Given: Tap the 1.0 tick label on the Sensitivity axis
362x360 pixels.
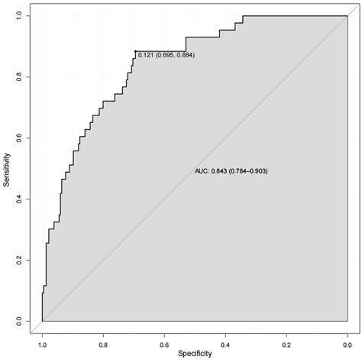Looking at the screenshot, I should (x=19, y=16).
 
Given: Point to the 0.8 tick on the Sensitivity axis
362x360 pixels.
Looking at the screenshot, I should (x=19, y=77).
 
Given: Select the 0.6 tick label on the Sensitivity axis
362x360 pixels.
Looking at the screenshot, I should (x=19, y=138).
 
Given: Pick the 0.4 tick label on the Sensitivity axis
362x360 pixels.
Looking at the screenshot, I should (x=19, y=199).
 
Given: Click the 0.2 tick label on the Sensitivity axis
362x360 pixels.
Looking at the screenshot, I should (x=19, y=261).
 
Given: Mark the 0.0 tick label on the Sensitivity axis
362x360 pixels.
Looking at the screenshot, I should (x=19, y=322).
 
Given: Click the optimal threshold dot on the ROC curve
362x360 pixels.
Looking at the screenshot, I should (x=135, y=51).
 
